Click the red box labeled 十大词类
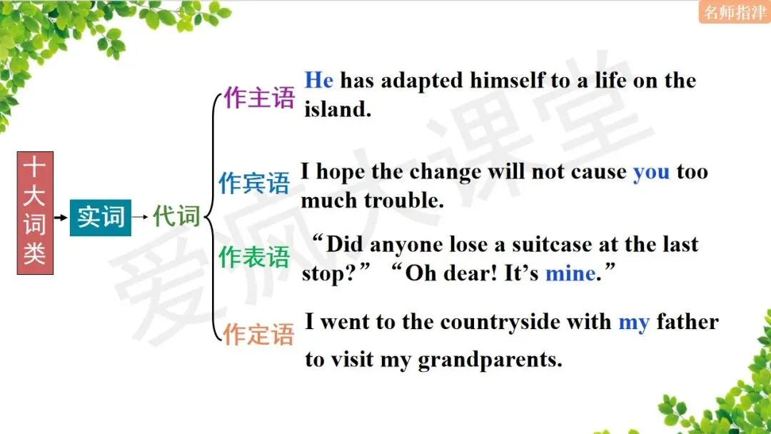pos(34,213)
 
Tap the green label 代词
pos(176,216)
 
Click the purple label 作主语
pos(258,98)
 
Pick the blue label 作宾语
pos(254,183)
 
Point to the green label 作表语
pos(254,257)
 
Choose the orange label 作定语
pos(258,333)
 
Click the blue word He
pos(319,80)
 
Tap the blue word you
pos(651,172)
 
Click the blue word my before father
pos(633,322)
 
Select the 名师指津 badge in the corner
pos(734,11)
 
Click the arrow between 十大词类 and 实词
pos(61,216)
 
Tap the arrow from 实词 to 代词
pos(141,216)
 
